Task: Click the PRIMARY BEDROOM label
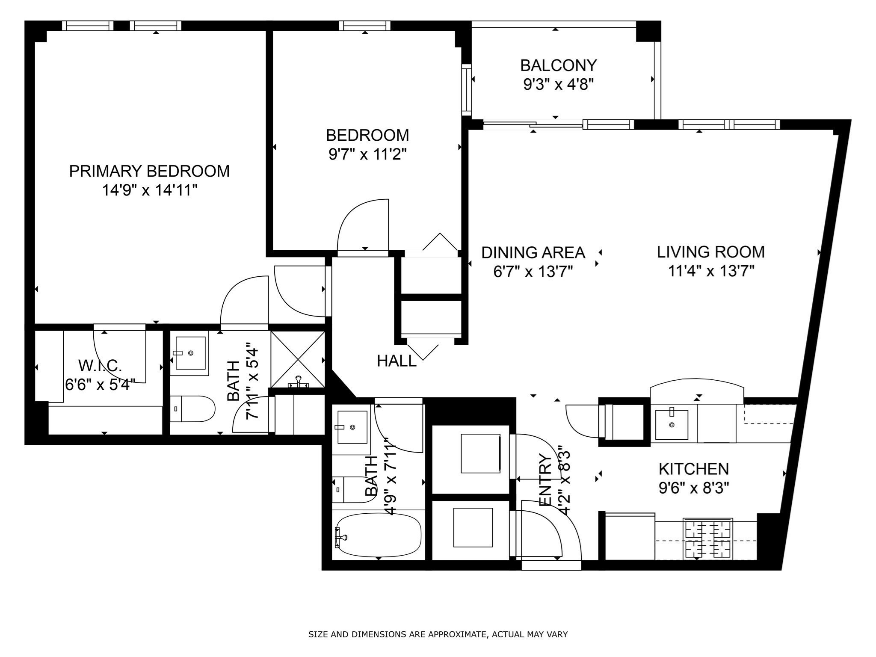tap(149, 171)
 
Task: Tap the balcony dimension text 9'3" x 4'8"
tap(559, 85)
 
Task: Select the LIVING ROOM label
tap(710, 252)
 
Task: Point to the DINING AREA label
tap(533, 253)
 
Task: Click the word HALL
tap(397, 361)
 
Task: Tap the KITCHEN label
tap(693, 469)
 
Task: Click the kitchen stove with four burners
tap(708, 538)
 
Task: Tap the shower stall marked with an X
tap(298, 359)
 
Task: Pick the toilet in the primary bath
tap(192, 409)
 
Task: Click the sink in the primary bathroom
tap(190, 353)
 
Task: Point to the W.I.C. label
tap(101, 366)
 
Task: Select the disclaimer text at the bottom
tap(438, 635)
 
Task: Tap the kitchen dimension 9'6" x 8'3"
tap(693, 488)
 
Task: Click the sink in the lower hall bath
tap(352, 427)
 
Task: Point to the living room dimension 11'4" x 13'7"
tap(710, 271)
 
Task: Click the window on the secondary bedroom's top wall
tap(365, 26)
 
